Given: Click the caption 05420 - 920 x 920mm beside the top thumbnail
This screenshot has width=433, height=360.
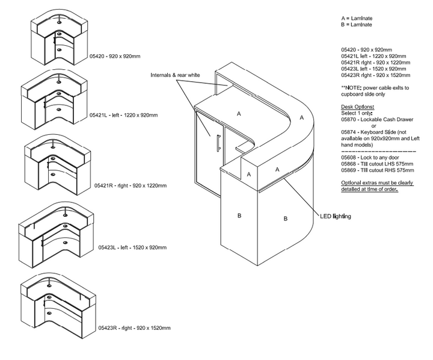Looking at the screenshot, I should pyautogui.click(x=115, y=56).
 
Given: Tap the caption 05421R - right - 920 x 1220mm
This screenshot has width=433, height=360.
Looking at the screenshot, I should pyautogui.click(x=130, y=186).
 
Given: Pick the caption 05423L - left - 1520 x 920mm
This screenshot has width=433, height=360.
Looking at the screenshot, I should pyautogui.click(x=132, y=247).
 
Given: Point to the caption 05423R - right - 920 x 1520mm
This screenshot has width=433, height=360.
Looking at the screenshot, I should pyautogui.click(x=134, y=328).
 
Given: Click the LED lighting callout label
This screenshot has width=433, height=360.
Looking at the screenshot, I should pyautogui.click(x=336, y=216).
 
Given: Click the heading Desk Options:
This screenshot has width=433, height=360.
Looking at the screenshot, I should pyautogui.click(x=357, y=106).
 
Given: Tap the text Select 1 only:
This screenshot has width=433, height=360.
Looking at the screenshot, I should pyautogui.click(x=357, y=113).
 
